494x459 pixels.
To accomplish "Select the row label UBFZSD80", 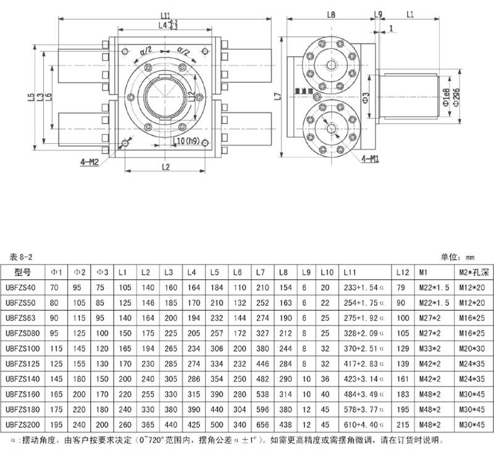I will [x=23, y=333].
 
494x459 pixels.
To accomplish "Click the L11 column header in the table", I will [x=350, y=272].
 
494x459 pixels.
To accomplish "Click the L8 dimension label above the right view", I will [x=330, y=13].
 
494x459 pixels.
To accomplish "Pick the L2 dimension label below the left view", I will [x=165, y=167].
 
